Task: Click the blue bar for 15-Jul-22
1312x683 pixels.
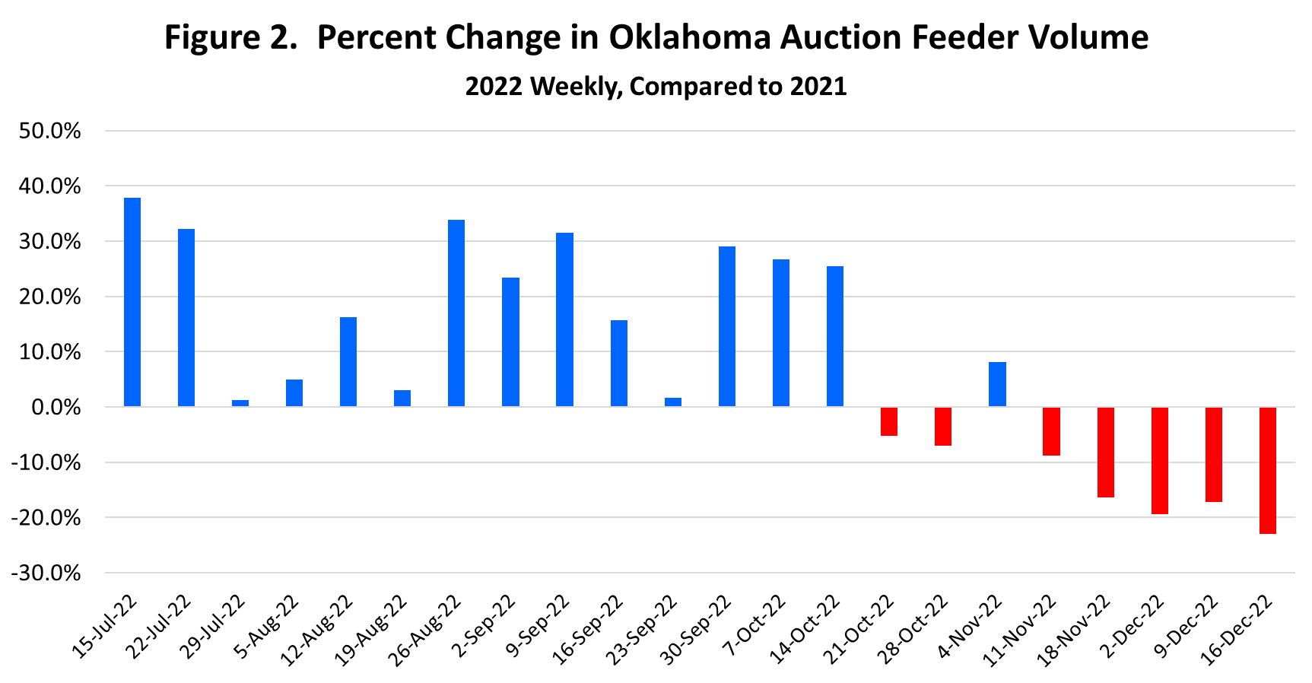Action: (x=132, y=302)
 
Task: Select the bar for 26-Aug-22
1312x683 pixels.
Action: (x=456, y=313)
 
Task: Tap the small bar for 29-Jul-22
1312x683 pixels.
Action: (x=240, y=403)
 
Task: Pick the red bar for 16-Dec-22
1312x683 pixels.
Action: (x=1268, y=470)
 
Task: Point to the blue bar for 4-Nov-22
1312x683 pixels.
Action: (x=997, y=384)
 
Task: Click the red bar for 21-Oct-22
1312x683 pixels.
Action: (x=889, y=421)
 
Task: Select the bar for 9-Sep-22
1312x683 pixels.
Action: (x=564, y=319)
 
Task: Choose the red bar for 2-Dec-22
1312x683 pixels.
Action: (x=1160, y=460)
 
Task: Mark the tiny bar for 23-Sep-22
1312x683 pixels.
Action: (x=673, y=402)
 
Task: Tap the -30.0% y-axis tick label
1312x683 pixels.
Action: (x=46, y=573)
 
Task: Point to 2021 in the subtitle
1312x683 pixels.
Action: (x=818, y=86)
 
